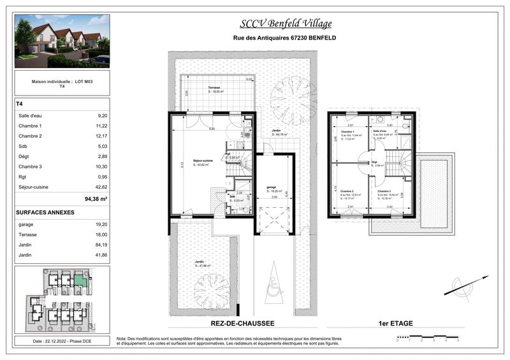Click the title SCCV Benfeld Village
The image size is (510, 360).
(286, 24)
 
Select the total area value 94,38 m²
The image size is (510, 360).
(95, 199)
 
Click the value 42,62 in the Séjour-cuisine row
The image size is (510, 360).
(101, 187)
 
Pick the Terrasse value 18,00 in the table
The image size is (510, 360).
(101, 234)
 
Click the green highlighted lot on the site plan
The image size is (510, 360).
(79, 280)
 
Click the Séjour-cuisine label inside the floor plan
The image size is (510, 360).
(203, 161)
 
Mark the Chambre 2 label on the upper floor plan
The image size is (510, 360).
(347, 191)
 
